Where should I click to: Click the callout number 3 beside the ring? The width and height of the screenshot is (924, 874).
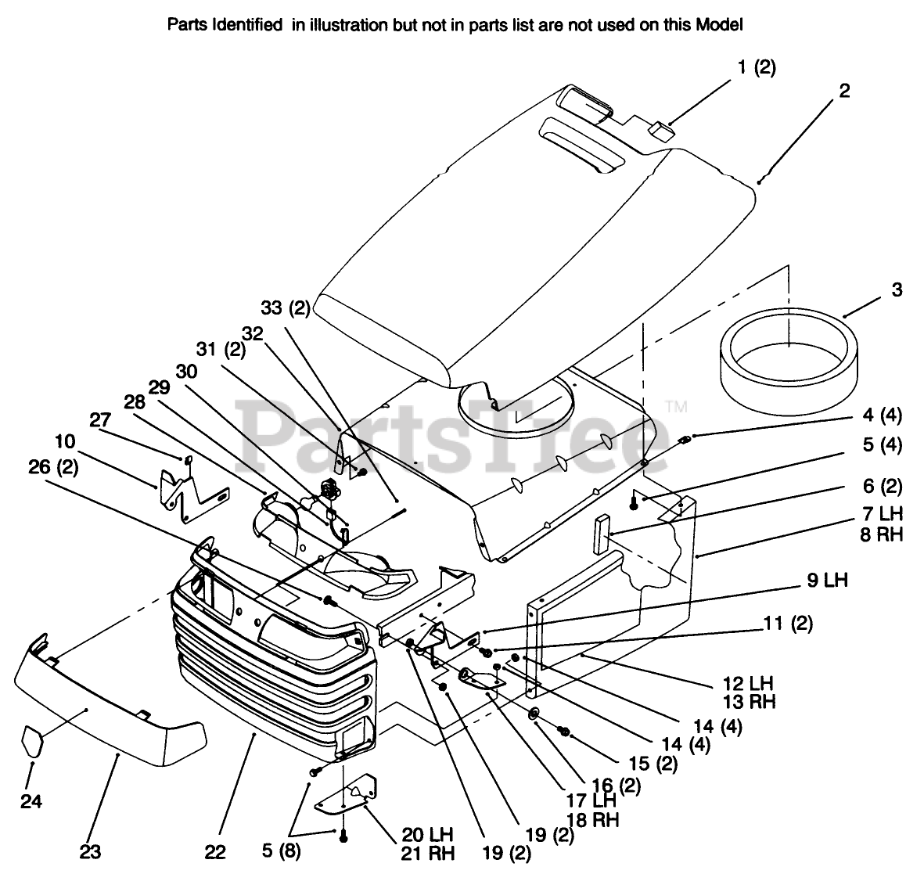pyautogui.click(x=896, y=290)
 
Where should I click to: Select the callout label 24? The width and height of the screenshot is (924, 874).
pyautogui.click(x=33, y=802)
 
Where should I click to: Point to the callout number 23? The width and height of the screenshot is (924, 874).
pyautogui.click(x=90, y=852)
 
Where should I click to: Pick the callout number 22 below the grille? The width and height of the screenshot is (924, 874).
pyautogui.click(x=216, y=852)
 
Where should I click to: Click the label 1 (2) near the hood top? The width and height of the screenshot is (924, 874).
pyautogui.click(x=756, y=67)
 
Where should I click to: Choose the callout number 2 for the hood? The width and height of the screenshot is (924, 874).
pyautogui.click(x=844, y=90)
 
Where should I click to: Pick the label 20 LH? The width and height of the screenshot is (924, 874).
pyautogui.click(x=426, y=834)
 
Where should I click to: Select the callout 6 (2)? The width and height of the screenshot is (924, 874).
pyautogui.click(x=881, y=487)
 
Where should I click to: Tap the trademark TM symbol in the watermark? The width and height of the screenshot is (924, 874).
pyautogui.click(x=677, y=405)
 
